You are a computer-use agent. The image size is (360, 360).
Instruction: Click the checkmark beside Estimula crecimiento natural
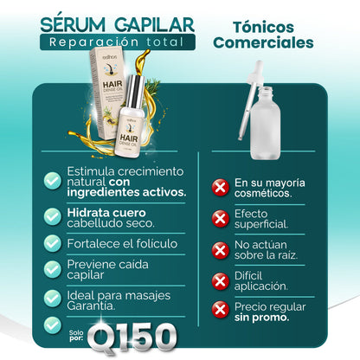pyautogui.click(x=53, y=179)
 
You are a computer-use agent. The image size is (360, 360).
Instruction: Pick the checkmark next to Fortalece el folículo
pyautogui.click(x=53, y=245)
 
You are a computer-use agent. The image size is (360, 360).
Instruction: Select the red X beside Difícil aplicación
pyautogui.click(x=221, y=280)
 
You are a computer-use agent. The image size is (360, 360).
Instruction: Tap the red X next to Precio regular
pyautogui.click(x=221, y=309)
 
